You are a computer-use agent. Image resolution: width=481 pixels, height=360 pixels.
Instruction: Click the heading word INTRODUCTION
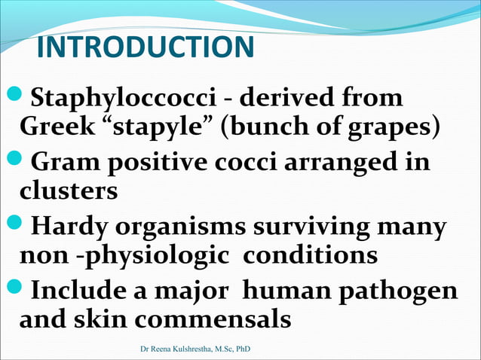[145, 48]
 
